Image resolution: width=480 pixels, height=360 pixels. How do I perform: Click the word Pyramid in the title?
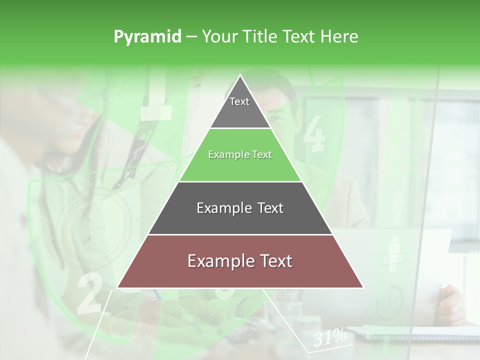click(147, 37)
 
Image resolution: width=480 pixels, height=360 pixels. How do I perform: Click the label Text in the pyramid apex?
click(239, 101)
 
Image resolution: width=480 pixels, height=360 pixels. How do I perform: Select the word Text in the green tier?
click(261, 155)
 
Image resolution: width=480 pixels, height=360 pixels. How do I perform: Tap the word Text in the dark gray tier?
click(270, 208)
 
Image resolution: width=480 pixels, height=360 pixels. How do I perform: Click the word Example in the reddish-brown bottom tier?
click(218, 261)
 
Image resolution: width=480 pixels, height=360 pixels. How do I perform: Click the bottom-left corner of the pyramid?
click(117, 287)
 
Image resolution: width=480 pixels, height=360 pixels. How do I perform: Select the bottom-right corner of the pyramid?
click(363, 287)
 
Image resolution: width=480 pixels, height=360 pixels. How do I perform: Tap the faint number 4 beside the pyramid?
click(313, 133)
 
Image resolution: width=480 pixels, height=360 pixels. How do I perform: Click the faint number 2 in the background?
click(89, 295)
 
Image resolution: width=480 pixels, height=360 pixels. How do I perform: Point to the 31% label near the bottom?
click(330, 338)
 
